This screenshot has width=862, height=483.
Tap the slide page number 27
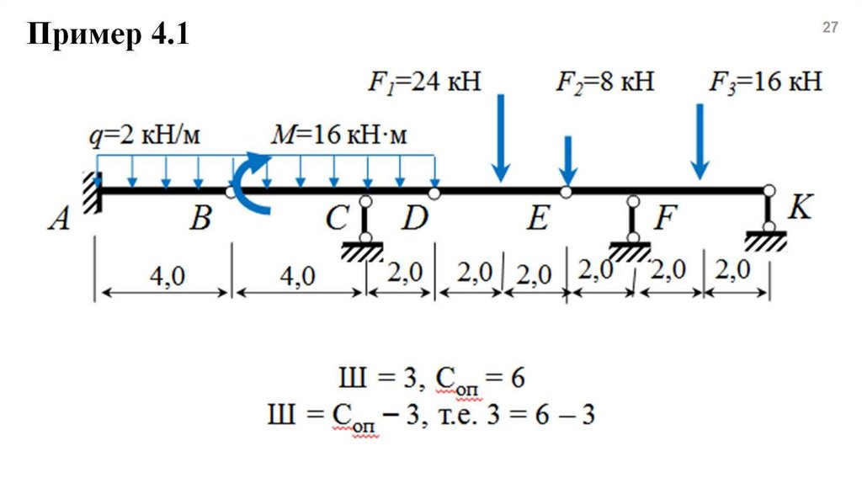[830, 28]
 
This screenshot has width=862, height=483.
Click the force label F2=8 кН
[604, 82]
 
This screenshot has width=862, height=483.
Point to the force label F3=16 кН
[764, 82]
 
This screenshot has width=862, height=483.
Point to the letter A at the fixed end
[58, 220]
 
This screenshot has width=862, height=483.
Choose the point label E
[538, 220]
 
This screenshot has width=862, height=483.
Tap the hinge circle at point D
[434, 194]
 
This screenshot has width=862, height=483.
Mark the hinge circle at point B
[231, 193]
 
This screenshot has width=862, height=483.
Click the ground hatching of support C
[364, 251]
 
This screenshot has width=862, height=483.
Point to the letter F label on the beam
[665, 220]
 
